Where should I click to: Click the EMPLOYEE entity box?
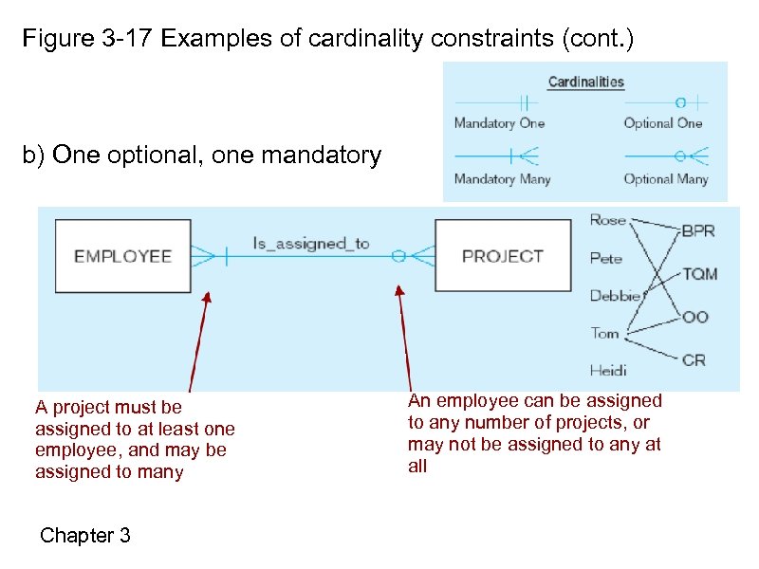pos(122,255)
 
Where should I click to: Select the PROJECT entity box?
pos(502,255)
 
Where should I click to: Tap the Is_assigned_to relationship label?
pos(310,244)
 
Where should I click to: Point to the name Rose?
pos(608,220)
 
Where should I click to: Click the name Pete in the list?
pos(606,258)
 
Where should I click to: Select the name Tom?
pos(604,333)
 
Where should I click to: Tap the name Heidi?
pos(608,370)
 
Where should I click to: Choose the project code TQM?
pos(699,274)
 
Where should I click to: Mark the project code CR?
pos(694,359)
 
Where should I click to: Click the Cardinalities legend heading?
pos(585,82)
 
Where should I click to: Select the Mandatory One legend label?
pos(499,123)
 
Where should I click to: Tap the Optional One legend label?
pos(663,123)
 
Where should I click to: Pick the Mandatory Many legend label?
pos(502,179)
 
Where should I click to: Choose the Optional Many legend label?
pos(666,179)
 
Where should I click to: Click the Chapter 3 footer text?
pos(85,536)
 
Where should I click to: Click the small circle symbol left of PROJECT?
pos(399,255)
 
